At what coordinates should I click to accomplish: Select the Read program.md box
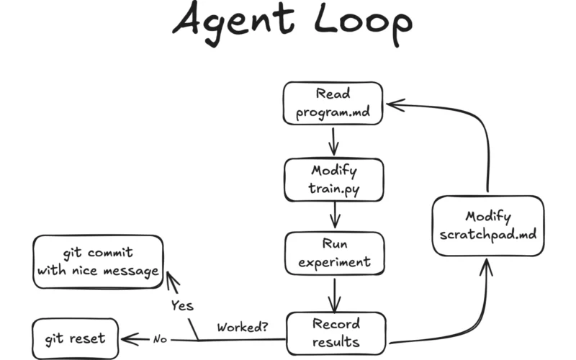click(x=332, y=103)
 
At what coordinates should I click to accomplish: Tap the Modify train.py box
click(x=333, y=180)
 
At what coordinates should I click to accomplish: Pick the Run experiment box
click(x=334, y=253)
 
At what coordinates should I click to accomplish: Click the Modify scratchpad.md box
click(x=488, y=225)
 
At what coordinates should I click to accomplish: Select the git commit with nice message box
click(x=98, y=262)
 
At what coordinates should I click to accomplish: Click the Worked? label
click(x=243, y=326)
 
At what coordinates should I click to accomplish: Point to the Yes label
click(x=182, y=305)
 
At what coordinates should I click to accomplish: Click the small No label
click(x=159, y=338)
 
